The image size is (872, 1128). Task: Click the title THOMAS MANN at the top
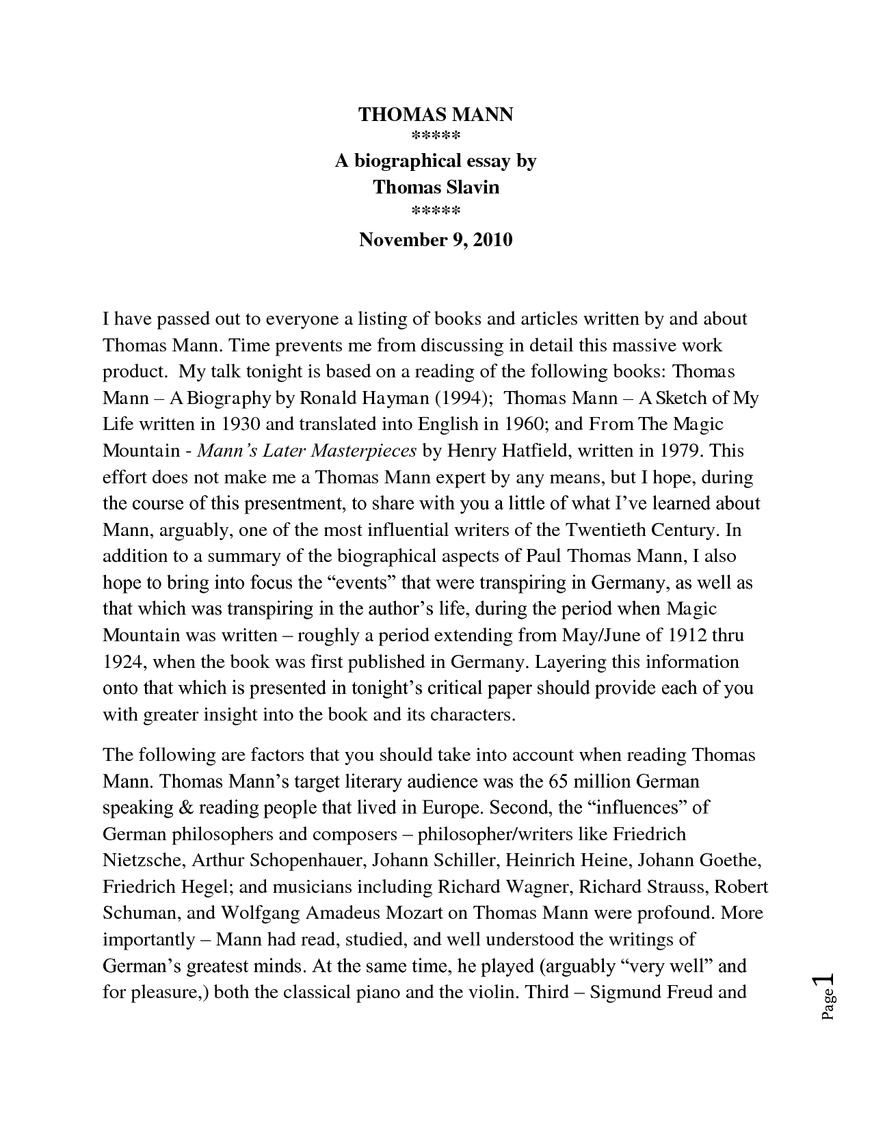click(436, 114)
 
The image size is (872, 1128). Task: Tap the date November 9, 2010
click(436, 240)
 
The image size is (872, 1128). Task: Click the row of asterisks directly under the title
click(436, 135)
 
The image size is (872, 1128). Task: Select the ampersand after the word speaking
click(185, 807)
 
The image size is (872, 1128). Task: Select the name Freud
click(683, 992)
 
